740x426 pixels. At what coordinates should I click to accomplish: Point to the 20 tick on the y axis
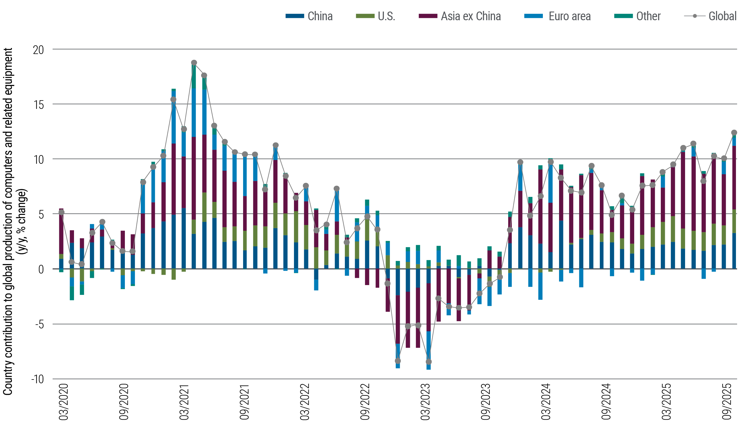pyautogui.click(x=38, y=50)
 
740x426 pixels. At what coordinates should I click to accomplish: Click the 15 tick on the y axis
pyautogui.click(x=38, y=105)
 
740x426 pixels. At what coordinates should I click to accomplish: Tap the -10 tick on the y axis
pyautogui.click(x=37, y=380)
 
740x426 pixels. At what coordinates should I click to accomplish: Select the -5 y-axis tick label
pyautogui.click(x=38, y=324)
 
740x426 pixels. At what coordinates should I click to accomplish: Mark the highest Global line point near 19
pyautogui.click(x=194, y=63)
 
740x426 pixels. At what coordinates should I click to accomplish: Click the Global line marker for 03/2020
pyautogui.click(x=62, y=212)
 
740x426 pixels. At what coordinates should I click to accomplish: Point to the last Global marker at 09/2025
pyautogui.click(x=734, y=133)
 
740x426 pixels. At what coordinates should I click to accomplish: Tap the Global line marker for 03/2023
pyautogui.click(x=428, y=362)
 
